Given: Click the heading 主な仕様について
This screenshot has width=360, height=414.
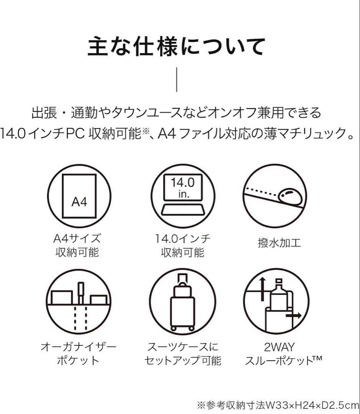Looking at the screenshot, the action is coord(176,47).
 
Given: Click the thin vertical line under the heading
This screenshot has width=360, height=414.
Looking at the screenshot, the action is coord(177,79).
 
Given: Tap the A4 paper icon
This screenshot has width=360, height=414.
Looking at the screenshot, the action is coord(79,196).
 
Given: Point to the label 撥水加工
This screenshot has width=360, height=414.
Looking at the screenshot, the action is coord(279,243).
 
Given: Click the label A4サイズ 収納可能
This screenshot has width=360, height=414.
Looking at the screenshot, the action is coord(77,246).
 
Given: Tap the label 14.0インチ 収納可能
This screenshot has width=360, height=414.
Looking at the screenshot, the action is coord(183,246).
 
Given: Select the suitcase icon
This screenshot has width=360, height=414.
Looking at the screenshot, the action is coord(182,302).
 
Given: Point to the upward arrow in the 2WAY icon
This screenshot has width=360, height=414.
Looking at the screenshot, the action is coord(262,289).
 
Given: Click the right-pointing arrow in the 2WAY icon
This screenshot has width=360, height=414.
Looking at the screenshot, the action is coord(293,315).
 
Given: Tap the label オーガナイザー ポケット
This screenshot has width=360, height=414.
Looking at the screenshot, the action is coord(79,353).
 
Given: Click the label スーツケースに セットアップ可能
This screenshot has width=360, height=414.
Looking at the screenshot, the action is coord(183,353).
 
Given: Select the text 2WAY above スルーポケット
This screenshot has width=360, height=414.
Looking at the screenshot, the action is coord(279,347).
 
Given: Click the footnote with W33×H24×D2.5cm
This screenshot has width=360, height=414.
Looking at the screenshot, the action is coord(278,405).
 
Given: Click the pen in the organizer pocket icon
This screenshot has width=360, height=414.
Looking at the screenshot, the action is coord(81,293).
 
